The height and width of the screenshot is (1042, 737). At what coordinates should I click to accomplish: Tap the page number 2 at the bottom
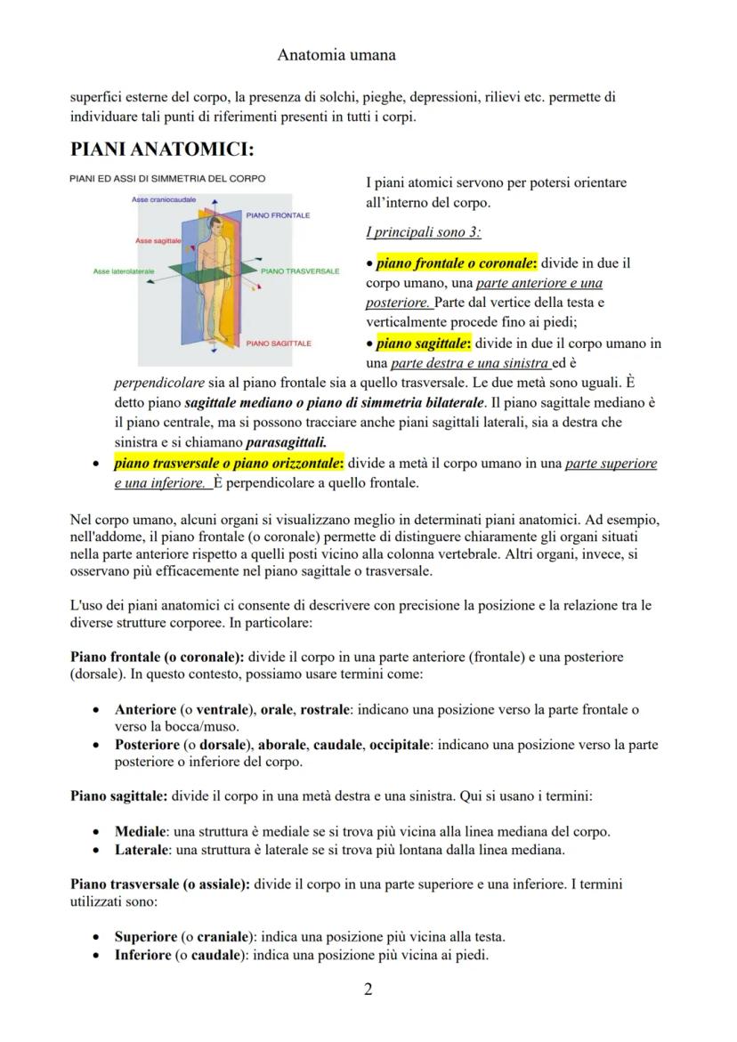368,989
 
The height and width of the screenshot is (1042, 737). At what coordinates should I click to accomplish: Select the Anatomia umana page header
336,54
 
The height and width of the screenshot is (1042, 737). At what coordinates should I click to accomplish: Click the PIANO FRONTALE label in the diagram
278,215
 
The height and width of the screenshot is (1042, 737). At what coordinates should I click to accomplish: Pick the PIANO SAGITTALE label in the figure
279,343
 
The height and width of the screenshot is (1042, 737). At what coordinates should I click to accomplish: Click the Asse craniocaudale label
164,200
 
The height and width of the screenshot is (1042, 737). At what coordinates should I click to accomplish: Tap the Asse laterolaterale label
123,271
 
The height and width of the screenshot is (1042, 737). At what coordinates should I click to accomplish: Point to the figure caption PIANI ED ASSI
167,179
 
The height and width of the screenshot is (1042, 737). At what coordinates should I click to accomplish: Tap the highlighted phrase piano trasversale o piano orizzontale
229,464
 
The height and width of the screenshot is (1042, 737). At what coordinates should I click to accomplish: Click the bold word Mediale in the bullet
141,832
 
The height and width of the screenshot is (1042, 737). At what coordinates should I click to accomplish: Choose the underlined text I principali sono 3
423,232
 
